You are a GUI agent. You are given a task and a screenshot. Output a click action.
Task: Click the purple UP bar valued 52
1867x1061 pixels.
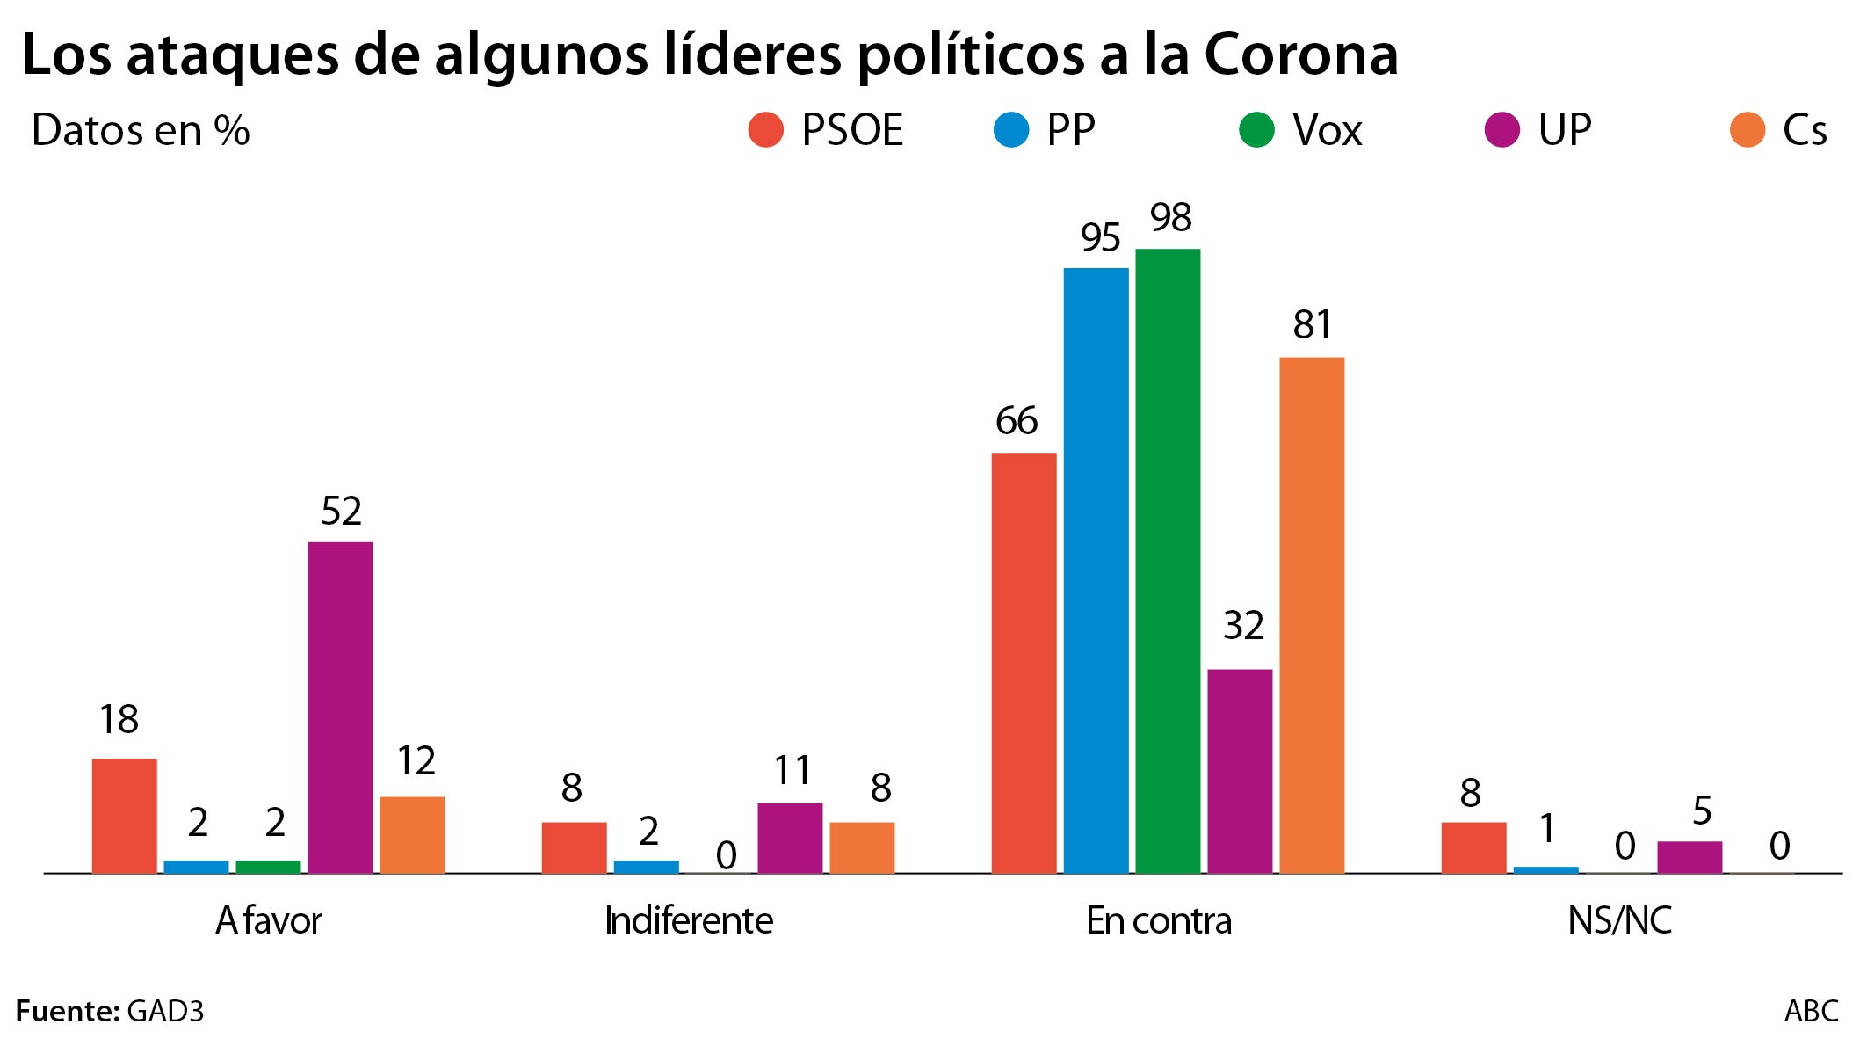click(340, 708)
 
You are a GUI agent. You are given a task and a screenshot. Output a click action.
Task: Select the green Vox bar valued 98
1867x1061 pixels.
click(1168, 561)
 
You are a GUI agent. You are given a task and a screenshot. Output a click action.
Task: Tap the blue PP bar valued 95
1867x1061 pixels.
click(1096, 570)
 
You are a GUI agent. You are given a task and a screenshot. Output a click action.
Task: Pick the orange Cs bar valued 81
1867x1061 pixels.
click(1312, 615)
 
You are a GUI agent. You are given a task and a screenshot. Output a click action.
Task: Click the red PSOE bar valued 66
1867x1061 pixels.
click(1024, 663)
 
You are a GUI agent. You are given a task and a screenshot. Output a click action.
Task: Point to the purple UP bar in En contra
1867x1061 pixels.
click(1240, 771)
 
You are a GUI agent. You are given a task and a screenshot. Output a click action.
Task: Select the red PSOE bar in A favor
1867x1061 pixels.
click(125, 816)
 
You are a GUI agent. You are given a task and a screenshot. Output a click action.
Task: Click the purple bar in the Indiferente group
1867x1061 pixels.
click(790, 838)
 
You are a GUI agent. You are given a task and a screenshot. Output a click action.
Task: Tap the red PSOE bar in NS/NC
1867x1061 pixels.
click(1473, 847)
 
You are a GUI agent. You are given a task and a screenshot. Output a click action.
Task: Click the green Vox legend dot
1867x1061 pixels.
click(1256, 130)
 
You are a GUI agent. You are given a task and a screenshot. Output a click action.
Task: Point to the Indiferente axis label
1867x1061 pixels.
click(689, 920)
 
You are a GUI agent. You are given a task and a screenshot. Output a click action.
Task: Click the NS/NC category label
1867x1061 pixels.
click(1619, 920)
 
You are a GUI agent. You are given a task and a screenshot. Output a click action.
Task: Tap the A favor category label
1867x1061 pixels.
click(269, 920)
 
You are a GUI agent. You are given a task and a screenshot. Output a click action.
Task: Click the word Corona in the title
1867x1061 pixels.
click(1300, 55)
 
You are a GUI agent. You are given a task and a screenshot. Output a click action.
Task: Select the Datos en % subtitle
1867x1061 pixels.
click(141, 130)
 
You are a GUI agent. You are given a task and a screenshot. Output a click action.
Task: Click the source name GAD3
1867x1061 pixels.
click(165, 1011)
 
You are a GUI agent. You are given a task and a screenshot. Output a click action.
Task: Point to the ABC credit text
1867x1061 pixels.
click(1811, 1011)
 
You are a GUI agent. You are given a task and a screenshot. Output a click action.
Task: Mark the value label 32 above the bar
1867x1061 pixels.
click(1243, 626)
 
